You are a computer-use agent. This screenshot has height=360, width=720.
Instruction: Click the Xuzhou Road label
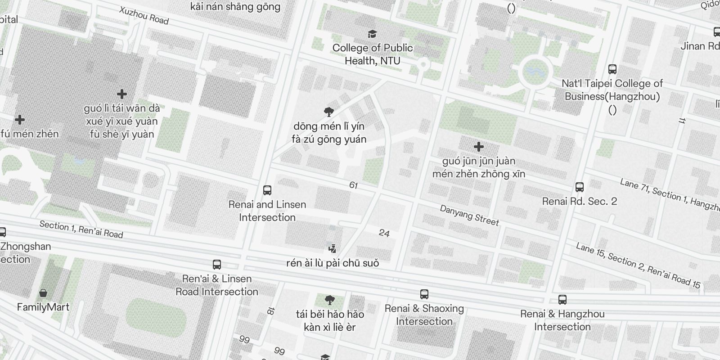point(144,15)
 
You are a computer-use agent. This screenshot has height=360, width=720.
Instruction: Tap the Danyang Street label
point(469,215)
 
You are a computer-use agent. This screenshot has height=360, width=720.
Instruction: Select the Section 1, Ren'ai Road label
point(81,229)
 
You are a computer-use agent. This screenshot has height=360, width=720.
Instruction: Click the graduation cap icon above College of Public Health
point(373,34)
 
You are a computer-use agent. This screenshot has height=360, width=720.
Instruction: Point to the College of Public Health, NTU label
point(373,54)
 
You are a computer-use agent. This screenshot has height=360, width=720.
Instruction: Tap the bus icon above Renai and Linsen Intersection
point(267,190)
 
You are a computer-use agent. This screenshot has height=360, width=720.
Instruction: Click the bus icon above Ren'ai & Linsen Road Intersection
point(217,265)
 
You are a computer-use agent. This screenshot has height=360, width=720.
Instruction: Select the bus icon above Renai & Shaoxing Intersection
point(424,294)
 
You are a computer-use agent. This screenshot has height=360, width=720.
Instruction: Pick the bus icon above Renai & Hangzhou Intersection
point(562,300)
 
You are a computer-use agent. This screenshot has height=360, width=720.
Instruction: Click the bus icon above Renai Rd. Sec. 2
point(580,187)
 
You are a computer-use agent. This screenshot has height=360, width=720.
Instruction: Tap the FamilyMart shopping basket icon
point(43,293)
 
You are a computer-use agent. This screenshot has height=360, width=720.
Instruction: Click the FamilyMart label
point(43,307)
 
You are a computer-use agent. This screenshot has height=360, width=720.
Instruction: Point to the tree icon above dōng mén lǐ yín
point(329,112)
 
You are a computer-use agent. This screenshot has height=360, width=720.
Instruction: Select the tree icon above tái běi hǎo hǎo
point(330,300)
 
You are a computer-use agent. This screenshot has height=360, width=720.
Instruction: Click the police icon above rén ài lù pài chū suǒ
point(333,248)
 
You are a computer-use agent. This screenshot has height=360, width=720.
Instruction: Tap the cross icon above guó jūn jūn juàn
point(479,147)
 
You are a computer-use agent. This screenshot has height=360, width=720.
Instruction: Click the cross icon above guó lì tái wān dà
point(121,94)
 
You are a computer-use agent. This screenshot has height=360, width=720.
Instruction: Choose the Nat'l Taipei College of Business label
point(612,90)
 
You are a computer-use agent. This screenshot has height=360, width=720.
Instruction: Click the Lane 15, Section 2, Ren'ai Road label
point(638,265)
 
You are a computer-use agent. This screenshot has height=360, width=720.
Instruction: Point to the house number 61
point(353,185)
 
